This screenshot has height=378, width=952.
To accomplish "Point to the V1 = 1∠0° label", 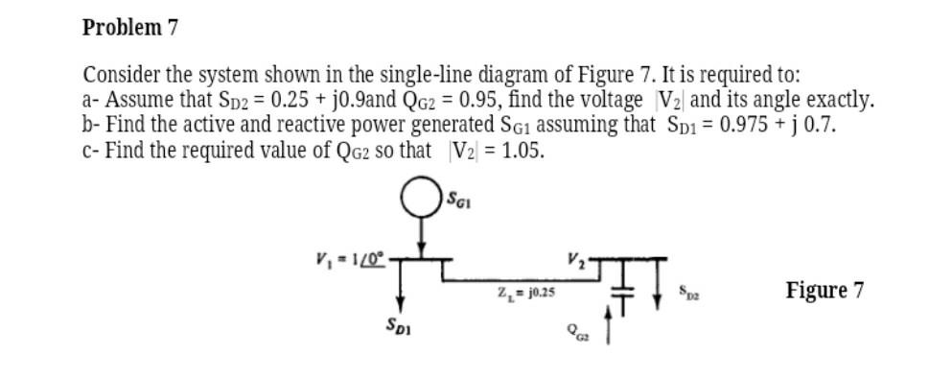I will pos(348,258).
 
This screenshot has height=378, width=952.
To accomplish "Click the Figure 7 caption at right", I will pos(824,290).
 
